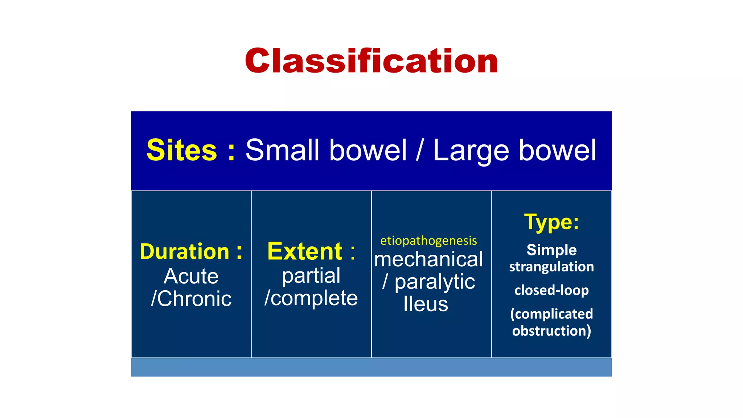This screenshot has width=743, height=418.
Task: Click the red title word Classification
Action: [371, 61]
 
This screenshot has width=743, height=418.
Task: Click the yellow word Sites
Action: [181, 150]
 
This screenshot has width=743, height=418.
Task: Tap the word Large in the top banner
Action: [471, 150]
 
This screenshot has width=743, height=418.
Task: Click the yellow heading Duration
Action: [185, 251]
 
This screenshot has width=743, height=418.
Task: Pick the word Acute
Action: [191, 276]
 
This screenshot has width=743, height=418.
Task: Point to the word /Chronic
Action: [191, 299]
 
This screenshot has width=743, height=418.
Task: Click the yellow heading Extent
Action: [305, 251]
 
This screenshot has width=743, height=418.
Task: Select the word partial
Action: [311, 276]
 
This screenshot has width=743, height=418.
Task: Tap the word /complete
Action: [311, 298]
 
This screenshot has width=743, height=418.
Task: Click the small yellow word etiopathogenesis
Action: [428, 241]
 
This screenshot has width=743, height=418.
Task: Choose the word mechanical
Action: [428, 259]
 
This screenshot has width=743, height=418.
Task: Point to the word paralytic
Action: [435, 282]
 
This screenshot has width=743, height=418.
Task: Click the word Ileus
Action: [426, 304]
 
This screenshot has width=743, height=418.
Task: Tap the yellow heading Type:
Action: [551, 222]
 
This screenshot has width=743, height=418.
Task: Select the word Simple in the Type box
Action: [551, 250]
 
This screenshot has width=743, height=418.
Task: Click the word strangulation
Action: [551, 267]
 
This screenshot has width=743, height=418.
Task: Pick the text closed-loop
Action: [551, 290]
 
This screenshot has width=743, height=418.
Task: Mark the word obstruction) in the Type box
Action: [551, 331]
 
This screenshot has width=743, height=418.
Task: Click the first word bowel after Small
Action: [368, 150]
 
